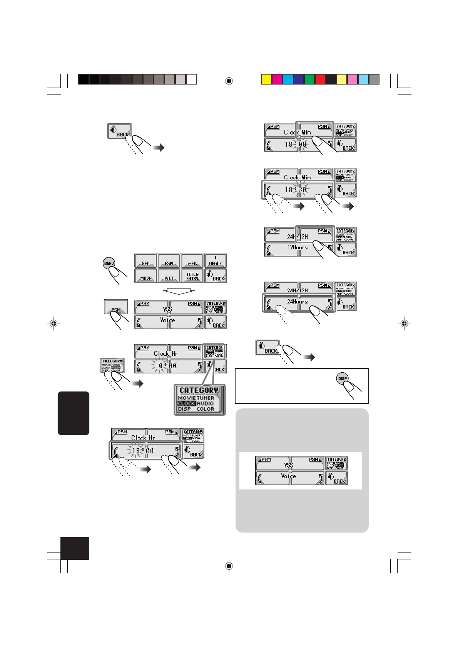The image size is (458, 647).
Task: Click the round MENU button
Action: [x=109, y=263]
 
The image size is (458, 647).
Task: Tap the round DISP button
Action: [x=342, y=378]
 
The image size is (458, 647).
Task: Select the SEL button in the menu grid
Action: [x=145, y=261]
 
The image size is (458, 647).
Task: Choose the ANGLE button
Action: [x=216, y=261]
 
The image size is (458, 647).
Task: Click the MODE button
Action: [x=145, y=276]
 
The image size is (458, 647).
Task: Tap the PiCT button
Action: [x=169, y=276]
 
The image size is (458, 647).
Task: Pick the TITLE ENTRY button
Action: [x=192, y=276]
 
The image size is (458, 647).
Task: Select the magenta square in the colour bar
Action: [x=277, y=79]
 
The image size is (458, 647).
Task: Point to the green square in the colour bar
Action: [x=309, y=79]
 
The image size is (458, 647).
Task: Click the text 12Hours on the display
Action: [x=298, y=247]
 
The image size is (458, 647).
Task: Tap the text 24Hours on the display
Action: [x=298, y=302]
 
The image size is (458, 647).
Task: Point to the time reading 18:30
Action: [x=296, y=189]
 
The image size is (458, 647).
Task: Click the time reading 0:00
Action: [x=167, y=366]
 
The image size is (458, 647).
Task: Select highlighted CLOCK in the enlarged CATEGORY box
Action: [x=187, y=403]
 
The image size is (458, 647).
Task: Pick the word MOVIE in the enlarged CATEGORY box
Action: [x=187, y=398]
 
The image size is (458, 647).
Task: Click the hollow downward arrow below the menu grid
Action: [x=179, y=291]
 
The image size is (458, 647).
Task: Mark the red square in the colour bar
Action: [x=320, y=79]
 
